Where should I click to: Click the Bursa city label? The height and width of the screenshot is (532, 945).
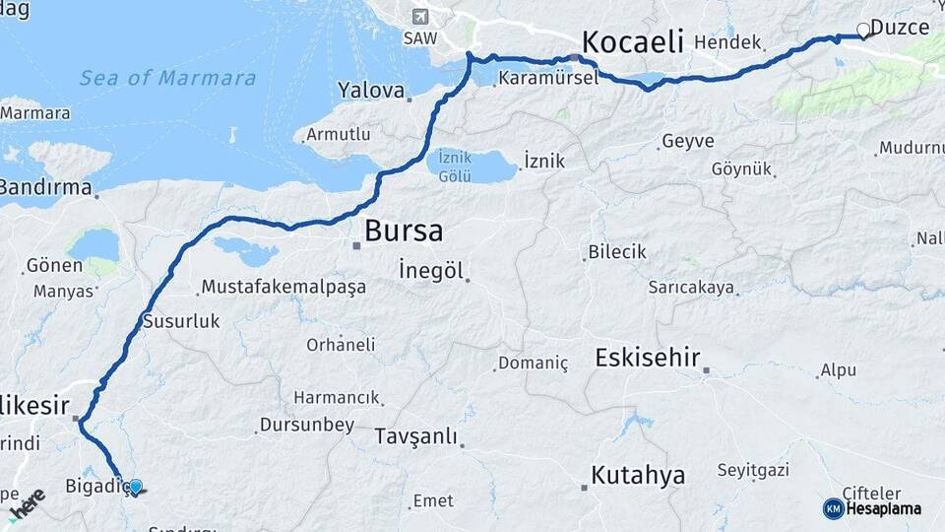point(404,232)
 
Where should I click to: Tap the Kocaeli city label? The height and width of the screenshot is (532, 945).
point(632,41)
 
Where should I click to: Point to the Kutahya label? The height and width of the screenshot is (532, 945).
point(637,476)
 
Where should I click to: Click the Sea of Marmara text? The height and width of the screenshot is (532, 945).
point(167,78)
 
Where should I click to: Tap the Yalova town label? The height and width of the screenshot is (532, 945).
point(371,91)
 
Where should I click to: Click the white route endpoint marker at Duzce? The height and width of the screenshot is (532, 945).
point(864,31)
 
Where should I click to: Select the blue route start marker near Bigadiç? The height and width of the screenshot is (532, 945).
point(136,487)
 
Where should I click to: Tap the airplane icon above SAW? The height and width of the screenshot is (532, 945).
point(420,17)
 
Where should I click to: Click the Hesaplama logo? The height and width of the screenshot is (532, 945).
point(873,508)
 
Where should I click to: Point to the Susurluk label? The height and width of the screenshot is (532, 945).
point(181,320)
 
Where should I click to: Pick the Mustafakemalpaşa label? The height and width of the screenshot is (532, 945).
point(283,287)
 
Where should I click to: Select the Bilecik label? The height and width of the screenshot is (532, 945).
point(617,252)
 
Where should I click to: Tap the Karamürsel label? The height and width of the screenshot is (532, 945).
point(547,79)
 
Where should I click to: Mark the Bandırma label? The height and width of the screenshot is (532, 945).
point(45,186)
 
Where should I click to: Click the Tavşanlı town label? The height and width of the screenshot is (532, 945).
point(417,436)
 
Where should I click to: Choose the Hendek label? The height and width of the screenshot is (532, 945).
point(727,42)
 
